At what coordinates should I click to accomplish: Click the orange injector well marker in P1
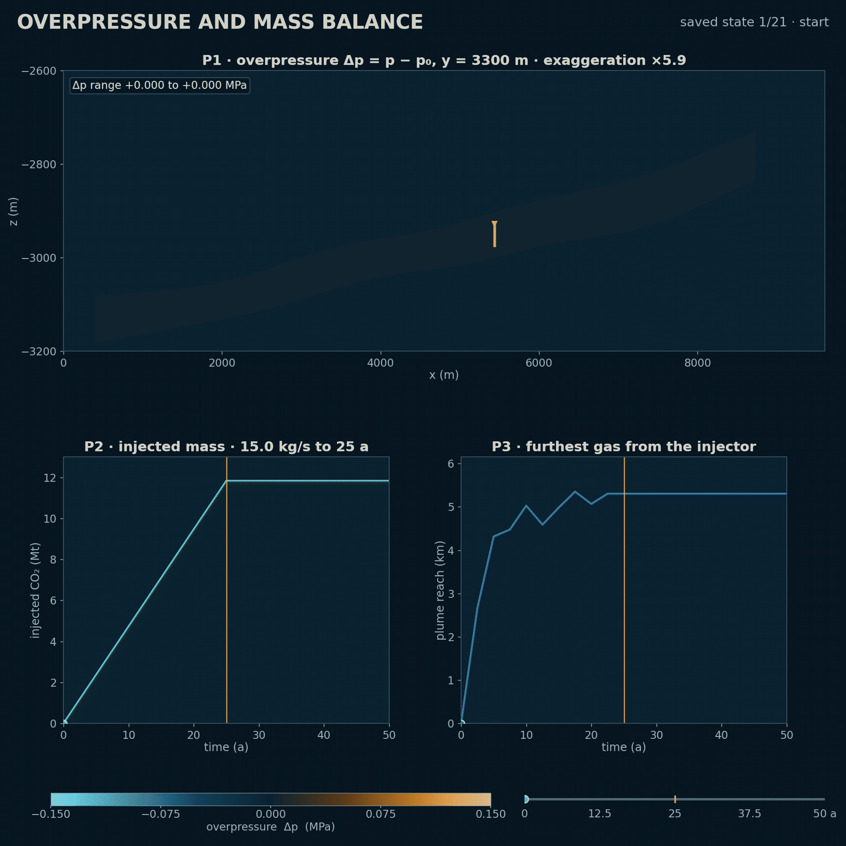click(494, 234)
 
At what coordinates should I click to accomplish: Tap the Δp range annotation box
click(160, 86)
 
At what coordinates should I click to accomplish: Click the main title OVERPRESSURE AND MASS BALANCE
click(220, 22)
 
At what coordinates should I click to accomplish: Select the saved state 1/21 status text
click(754, 22)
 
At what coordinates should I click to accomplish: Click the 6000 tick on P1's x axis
click(539, 363)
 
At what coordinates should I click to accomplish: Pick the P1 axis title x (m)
click(444, 375)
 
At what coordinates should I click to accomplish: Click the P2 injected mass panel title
click(226, 446)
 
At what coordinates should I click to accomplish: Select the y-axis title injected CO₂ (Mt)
click(35, 590)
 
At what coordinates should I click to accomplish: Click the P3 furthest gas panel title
click(624, 446)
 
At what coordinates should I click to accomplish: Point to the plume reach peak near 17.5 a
click(575, 492)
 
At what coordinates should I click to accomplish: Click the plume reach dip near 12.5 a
click(542, 525)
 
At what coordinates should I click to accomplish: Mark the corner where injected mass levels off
click(227, 480)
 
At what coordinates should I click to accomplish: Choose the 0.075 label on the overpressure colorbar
click(381, 814)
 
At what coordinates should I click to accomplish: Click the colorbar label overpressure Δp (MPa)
click(271, 827)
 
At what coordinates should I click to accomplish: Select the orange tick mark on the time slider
click(675, 799)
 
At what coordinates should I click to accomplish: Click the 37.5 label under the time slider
click(750, 814)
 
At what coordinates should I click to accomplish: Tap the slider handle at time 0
click(526, 799)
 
